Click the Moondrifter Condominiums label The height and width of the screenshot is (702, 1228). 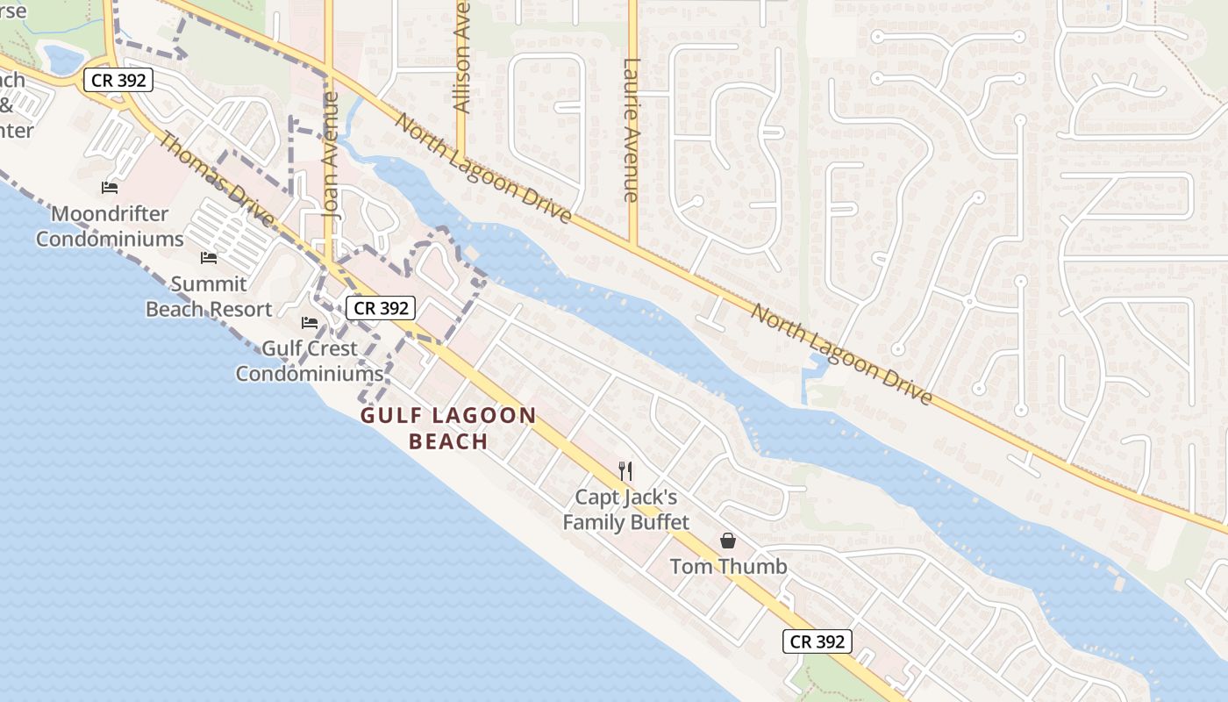click(x=110, y=226)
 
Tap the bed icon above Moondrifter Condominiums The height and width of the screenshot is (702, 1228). click(x=110, y=188)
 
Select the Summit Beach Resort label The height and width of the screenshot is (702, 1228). click(x=209, y=297)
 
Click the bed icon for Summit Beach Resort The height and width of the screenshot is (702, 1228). click(x=209, y=258)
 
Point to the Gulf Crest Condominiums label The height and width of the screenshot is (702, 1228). click(x=310, y=361)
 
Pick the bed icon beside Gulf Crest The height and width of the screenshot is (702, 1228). click(x=310, y=323)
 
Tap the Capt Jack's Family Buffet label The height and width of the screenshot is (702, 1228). click(x=625, y=510)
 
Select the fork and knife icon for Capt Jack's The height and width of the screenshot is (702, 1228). click(x=625, y=471)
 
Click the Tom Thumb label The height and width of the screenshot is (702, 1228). click(x=728, y=567)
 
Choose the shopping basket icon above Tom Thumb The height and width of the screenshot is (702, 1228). click(x=728, y=541)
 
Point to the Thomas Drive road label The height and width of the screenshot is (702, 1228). click(x=215, y=179)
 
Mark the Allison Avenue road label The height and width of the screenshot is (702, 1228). click(x=462, y=57)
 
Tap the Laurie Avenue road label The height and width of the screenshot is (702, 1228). click(x=631, y=130)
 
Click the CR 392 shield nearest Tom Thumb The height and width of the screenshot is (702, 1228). click(x=817, y=641)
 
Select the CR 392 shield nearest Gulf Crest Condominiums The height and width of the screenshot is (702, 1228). click(x=379, y=308)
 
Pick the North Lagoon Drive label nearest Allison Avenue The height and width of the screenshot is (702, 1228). click(x=483, y=168)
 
